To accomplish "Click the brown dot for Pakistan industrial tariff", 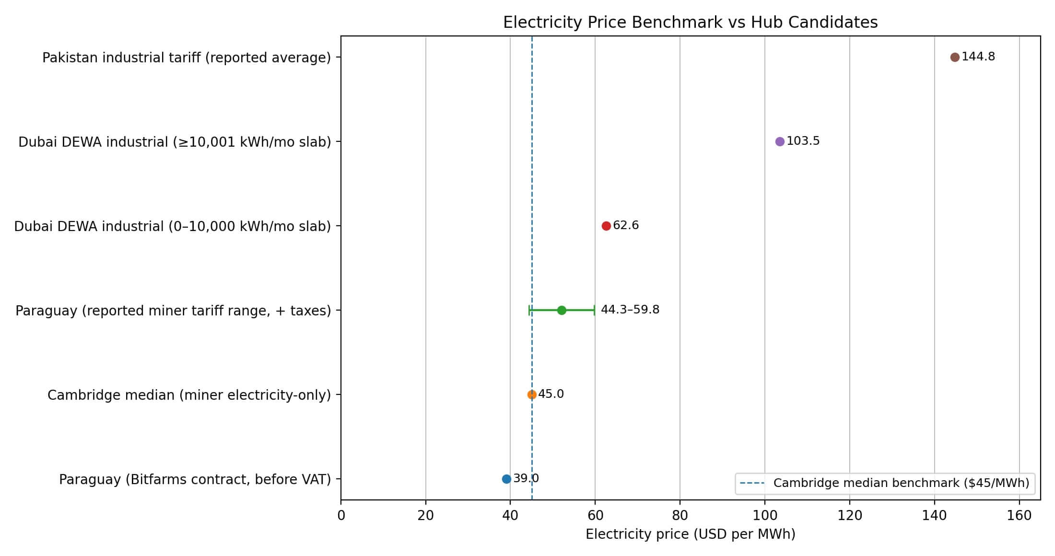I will click(x=954, y=57).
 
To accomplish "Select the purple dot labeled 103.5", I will click(x=779, y=141).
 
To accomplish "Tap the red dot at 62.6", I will click(x=606, y=226).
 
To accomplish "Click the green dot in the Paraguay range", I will click(x=561, y=310).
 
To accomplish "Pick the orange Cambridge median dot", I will click(x=531, y=394).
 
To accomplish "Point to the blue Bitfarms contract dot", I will click(x=506, y=479).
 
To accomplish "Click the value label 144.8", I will click(x=978, y=57).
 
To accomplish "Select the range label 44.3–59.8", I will click(x=630, y=310).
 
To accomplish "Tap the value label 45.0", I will click(x=551, y=394).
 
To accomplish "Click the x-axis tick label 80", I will click(x=680, y=516).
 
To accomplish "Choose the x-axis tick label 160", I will click(x=1019, y=516).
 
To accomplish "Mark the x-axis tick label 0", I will click(x=341, y=516).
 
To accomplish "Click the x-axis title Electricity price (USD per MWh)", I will click(x=690, y=534).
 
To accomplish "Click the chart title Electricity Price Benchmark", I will click(x=690, y=23).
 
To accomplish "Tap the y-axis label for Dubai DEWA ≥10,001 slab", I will click(x=175, y=142).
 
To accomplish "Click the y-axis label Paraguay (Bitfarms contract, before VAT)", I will click(x=195, y=479).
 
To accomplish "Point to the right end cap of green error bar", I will click(x=595, y=310).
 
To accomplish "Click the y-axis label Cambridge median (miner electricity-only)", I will click(x=189, y=395).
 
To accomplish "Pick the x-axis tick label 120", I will click(x=849, y=516).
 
